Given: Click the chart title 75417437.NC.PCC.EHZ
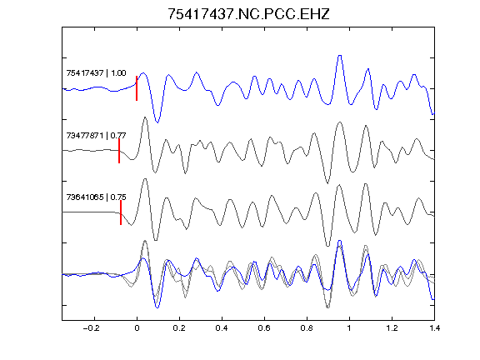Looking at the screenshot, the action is [248, 14].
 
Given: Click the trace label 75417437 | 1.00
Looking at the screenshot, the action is [96, 72].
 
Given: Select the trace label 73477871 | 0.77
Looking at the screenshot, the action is [96, 135].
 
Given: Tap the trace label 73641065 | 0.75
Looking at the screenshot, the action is [96, 197].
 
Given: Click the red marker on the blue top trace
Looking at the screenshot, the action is [137, 88].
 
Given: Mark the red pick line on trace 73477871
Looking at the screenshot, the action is [119, 151].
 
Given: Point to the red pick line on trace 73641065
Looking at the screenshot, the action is [121, 212].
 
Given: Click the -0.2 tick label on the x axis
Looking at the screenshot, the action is [92, 328].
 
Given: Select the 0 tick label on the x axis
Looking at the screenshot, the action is [137, 328].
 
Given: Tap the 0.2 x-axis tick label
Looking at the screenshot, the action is [179, 328].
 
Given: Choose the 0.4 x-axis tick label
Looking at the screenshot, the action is [222, 328].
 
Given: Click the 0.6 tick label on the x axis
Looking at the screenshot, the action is [264, 328].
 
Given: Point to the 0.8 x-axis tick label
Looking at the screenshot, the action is [307, 328].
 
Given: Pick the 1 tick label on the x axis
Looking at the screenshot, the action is [349, 328].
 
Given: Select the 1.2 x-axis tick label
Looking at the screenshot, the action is [392, 328].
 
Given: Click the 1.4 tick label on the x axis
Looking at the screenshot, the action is [434, 328].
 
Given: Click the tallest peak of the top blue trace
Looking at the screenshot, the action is [339, 56].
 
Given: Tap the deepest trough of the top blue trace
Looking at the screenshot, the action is [157, 122].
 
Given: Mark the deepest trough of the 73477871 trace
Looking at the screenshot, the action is [327, 183].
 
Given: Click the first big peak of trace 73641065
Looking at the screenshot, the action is [145, 179].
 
